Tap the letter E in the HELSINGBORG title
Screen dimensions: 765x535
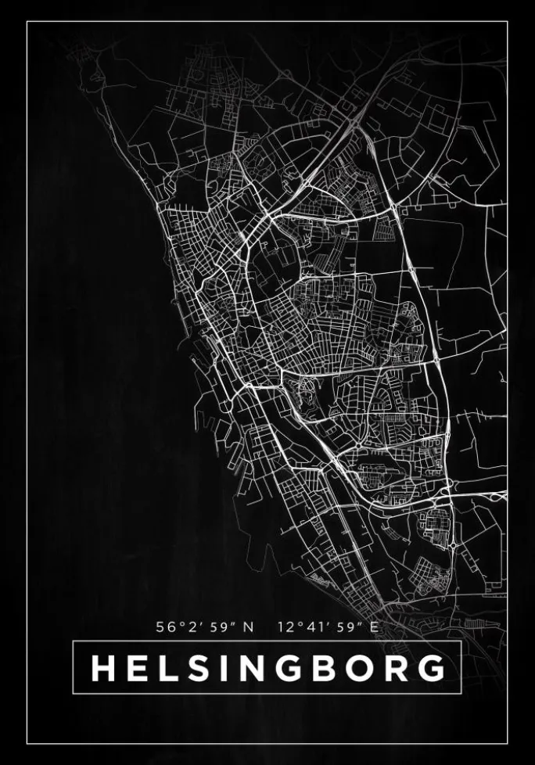coord(137,668)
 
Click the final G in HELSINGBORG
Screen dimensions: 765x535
coord(427,668)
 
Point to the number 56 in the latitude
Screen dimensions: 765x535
coord(165,627)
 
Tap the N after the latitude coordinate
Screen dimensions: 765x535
coord(250,627)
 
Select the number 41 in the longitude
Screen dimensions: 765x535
coord(313,627)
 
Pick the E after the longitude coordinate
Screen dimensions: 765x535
coord(374,627)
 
